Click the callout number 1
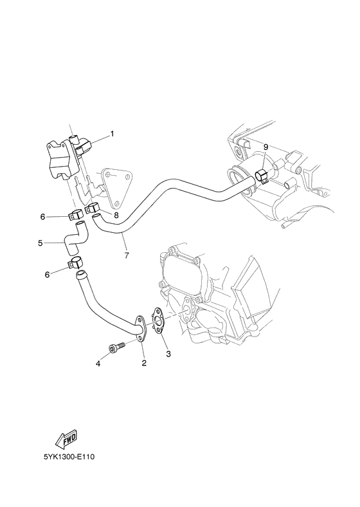[x=112, y=134]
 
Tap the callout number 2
[x=144, y=363]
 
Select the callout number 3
[x=169, y=353]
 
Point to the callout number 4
[x=98, y=364]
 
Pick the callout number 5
[x=40, y=243]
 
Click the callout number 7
[x=126, y=255]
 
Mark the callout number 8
[x=116, y=214]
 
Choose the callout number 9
[x=265, y=147]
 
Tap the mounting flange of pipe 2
[x=139, y=326]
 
